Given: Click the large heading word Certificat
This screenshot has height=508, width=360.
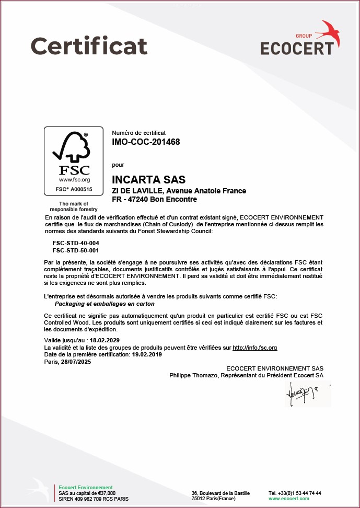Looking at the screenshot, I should (89, 45).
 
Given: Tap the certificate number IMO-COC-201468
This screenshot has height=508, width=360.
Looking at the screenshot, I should (146, 142).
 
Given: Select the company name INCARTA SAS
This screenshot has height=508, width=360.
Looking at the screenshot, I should (148, 180).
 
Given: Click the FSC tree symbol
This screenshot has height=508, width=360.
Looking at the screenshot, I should (71, 148).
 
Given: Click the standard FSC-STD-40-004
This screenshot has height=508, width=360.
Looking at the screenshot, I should (76, 244).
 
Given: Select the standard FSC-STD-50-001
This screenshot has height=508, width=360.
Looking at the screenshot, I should (76, 250).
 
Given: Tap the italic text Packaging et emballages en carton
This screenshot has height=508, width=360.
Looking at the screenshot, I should (104, 304).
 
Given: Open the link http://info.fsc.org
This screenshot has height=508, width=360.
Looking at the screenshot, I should (254, 348).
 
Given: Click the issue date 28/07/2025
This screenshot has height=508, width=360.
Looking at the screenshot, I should (76, 362).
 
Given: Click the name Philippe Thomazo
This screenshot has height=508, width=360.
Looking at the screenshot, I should (194, 375).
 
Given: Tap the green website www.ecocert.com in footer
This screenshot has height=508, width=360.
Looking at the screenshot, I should (288, 499).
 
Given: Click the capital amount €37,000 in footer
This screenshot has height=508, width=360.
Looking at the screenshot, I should (105, 493).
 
